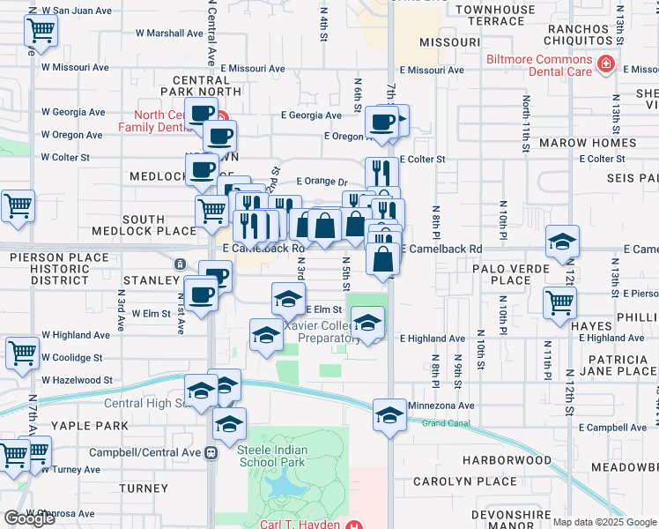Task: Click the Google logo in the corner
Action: [x=29, y=518]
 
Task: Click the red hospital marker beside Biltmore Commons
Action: [x=606, y=64]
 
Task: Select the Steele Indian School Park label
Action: [x=271, y=456]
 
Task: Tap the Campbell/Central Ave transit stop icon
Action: [x=211, y=452]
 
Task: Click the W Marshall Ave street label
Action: [x=169, y=34]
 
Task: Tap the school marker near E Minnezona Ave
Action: [x=389, y=414]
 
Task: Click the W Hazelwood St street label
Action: [x=77, y=380]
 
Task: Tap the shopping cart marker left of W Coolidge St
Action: [x=22, y=352]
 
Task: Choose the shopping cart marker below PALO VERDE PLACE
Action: [x=559, y=302]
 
